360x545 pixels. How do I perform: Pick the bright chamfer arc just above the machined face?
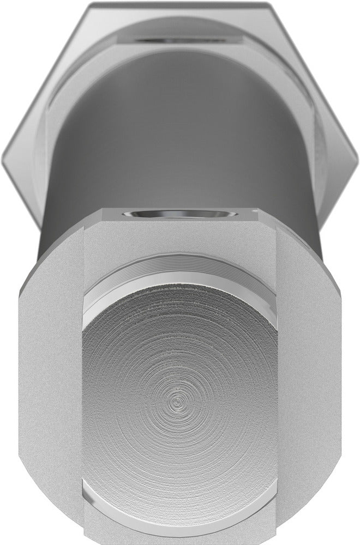[180, 292]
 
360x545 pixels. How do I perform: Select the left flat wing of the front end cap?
[46, 392]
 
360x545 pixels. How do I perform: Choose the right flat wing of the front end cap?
[316, 392]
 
